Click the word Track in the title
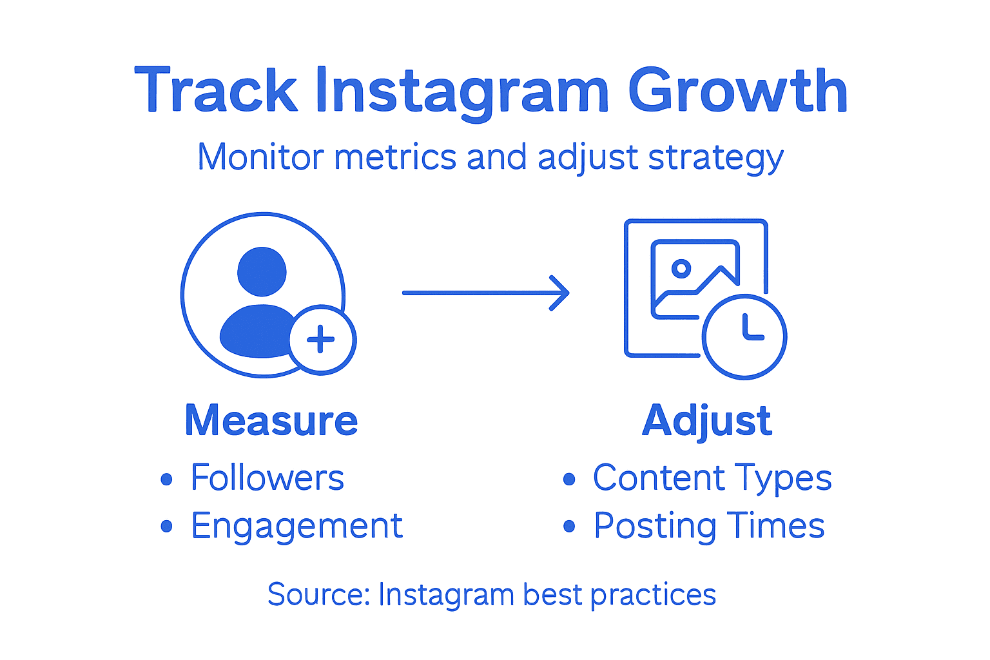215,91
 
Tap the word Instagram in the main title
461,91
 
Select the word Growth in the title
737,91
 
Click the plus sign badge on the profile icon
321,340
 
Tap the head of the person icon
262,271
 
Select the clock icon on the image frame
744,337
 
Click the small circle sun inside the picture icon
681,268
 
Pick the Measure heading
271,421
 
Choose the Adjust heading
707,421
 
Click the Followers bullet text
267,478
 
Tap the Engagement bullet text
296,527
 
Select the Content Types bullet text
712,478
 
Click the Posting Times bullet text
709,527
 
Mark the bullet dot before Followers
167,479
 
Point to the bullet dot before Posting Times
569,527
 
